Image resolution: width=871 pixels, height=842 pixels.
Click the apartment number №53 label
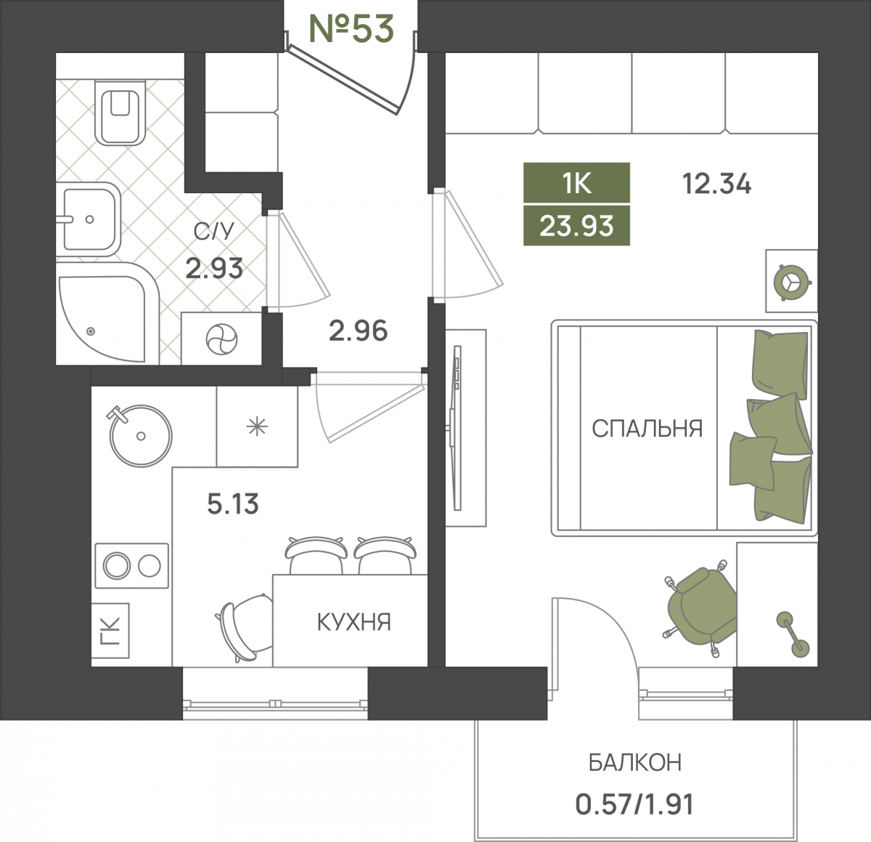[351, 28]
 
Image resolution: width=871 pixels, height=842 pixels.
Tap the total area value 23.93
[576, 226]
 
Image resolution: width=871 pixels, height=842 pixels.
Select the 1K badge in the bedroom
[576, 183]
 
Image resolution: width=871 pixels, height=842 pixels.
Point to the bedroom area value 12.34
[716, 184]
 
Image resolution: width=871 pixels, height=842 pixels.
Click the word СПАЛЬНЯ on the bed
[647, 429]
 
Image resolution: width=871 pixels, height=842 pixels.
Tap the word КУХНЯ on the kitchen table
[354, 622]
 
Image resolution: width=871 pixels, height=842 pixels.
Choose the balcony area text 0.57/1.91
[634, 803]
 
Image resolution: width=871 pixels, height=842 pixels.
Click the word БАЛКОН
[635, 762]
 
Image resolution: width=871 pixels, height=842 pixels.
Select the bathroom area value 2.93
[214, 268]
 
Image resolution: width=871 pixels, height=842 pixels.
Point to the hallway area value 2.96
[358, 331]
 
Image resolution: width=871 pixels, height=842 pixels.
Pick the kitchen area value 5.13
[233, 504]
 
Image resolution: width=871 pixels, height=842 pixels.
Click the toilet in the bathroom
[120, 113]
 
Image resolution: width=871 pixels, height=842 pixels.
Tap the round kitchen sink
[141, 436]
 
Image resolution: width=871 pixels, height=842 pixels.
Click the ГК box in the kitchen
[110, 631]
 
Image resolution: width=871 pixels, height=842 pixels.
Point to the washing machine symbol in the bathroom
[221, 339]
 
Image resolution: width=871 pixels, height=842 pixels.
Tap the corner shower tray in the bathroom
[108, 314]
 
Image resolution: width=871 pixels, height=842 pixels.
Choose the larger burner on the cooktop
[117, 566]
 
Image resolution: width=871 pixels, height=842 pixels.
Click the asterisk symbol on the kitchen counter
[257, 426]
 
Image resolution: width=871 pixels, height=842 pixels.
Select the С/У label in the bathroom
[214, 232]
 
